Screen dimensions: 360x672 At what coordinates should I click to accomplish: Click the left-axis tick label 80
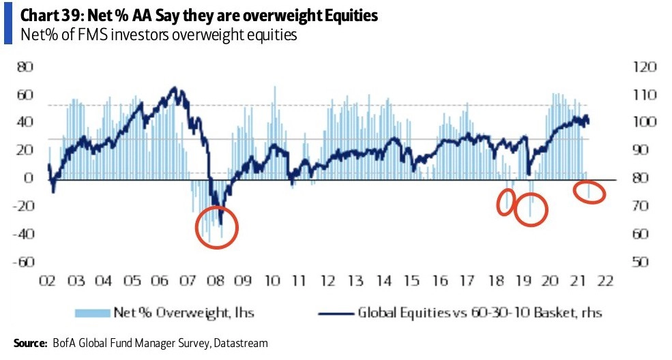(x=26, y=67)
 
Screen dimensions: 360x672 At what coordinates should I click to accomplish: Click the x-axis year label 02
(x=48, y=281)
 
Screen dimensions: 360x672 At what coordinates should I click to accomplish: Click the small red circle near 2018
(x=506, y=202)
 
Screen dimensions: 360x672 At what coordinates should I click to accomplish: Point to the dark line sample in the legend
(x=337, y=312)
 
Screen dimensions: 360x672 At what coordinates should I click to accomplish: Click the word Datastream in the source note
(x=240, y=344)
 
